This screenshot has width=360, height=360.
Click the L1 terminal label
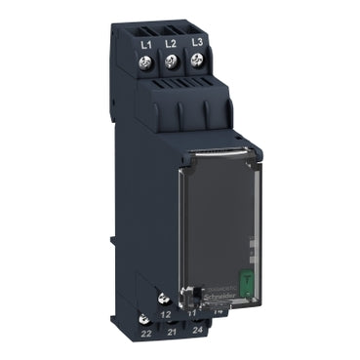[148, 44]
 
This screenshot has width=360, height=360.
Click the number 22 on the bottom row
[146, 333]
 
